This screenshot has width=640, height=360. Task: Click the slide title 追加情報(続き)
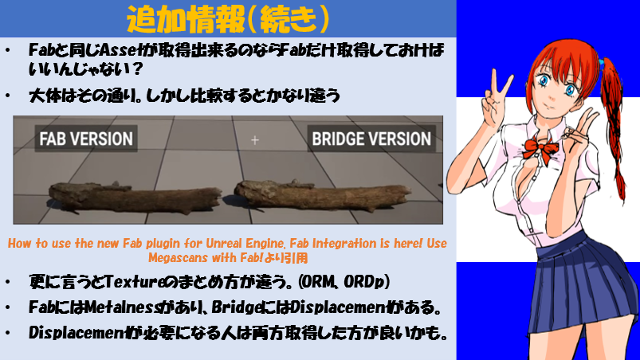tap(228, 19)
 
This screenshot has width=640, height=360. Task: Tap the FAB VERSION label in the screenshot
tap(86, 139)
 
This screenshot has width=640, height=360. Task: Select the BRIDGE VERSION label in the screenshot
tap(371, 139)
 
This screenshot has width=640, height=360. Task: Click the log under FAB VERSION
tap(135, 198)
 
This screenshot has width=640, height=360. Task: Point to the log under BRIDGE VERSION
tap(323, 195)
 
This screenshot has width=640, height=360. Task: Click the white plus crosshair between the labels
tap(255, 140)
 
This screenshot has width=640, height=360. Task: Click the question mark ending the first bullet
tap(137, 68)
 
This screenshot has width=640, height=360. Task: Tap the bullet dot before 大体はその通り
tap(8, 96)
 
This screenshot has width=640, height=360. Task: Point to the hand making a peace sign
tap(495, 98)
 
